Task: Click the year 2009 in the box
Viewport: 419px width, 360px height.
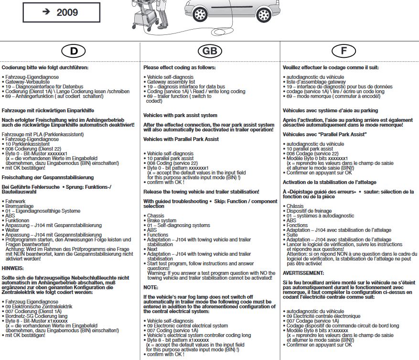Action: [x=67, y=12]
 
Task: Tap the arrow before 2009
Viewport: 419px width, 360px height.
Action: [x=46, y=11]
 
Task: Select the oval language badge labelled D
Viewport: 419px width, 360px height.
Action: [x=70, y=51]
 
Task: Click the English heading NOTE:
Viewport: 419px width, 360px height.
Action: [x=151, y=287]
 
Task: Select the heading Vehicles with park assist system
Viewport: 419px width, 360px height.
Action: [x=180, y=115]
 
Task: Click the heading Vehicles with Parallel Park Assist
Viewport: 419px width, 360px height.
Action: [x=181, y=139]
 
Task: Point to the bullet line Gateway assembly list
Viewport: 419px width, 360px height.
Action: [x=172, y=82]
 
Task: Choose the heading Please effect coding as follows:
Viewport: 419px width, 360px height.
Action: [x=179, y=68]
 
